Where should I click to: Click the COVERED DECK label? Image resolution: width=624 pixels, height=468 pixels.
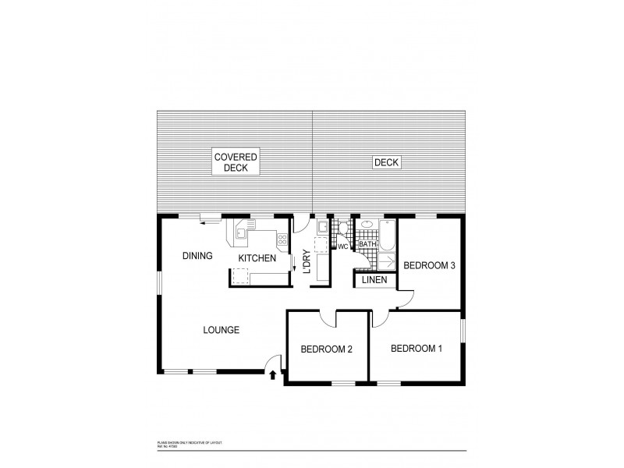(x=236, y=162)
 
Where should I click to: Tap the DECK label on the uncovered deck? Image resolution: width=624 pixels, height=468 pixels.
(x=385, y=162)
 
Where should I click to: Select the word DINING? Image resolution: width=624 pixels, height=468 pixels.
(x=197, y=256)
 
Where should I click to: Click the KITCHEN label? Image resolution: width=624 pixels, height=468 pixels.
(x=257, y=258)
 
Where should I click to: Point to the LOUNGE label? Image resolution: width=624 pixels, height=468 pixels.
(x=221, y=329)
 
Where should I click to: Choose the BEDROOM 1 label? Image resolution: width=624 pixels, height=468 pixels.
(x=417, y=348)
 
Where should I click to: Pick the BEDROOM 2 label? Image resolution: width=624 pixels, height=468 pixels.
(x=327, y=349)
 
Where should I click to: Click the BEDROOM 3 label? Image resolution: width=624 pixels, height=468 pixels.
(x=429, y=266)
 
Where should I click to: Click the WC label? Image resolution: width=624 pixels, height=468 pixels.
(x=342, y=246)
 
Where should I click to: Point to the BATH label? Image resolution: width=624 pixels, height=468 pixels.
(x=367, y=245)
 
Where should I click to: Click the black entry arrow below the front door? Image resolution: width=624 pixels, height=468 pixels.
(x=272, y=376)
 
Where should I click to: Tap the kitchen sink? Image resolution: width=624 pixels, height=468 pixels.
(x=242, y=232)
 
